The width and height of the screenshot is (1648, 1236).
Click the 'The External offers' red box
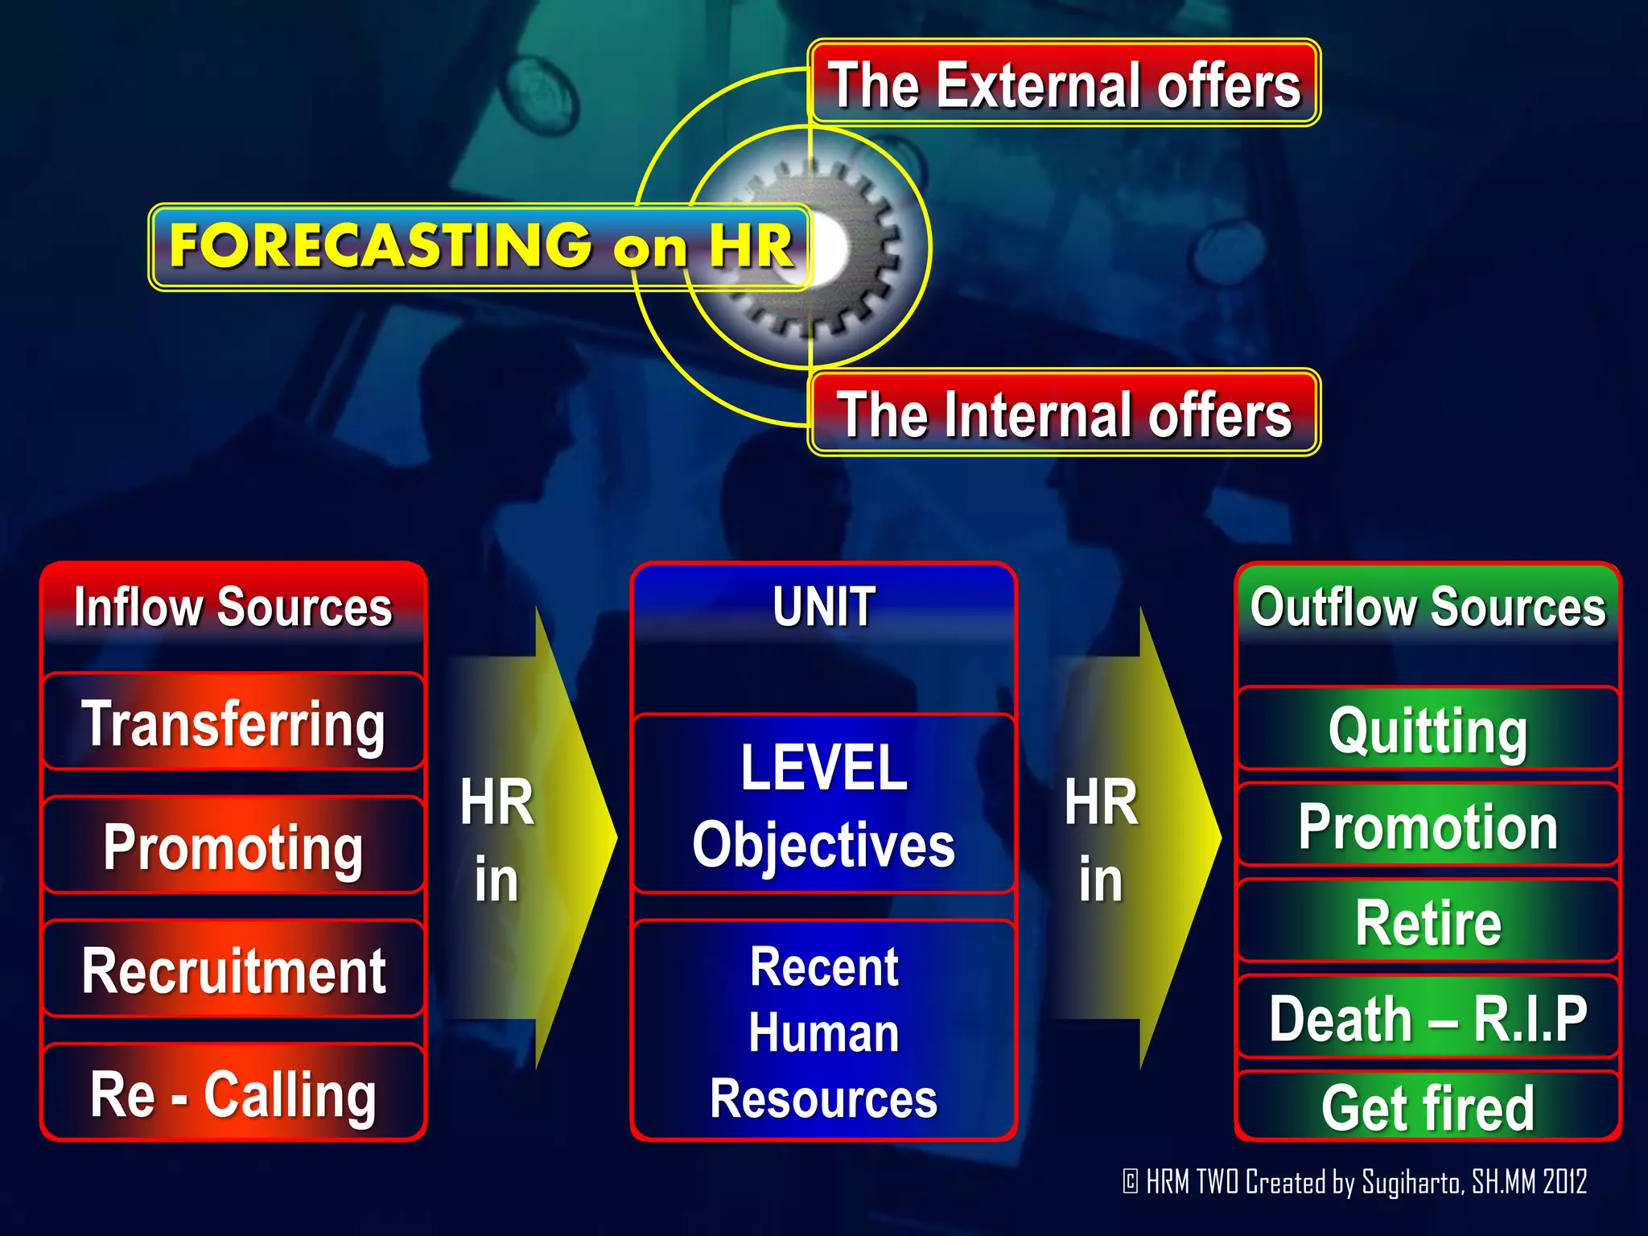pos(1064,84)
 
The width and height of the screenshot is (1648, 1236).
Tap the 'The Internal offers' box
pos(1064,414)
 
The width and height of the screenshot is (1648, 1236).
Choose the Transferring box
pos(233,723)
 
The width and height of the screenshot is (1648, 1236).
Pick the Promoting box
pos(233,847)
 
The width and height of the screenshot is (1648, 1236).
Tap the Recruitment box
pos(233,970)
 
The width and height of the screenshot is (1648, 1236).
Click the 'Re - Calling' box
pos(233,1094)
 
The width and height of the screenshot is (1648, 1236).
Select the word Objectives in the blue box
pos(824,845)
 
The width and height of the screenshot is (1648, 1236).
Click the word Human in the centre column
pos(824,1033)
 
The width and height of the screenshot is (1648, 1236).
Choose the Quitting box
pos(1428,730)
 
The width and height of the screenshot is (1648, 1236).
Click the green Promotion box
pos(1428,826)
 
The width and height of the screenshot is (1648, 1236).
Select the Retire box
pos(1428,922)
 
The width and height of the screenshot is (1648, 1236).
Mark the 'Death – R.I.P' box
pos(1428,1018)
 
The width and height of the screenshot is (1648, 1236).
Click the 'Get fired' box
pos(1428,1107)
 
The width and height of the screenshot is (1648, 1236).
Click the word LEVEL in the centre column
pos(824,768)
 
